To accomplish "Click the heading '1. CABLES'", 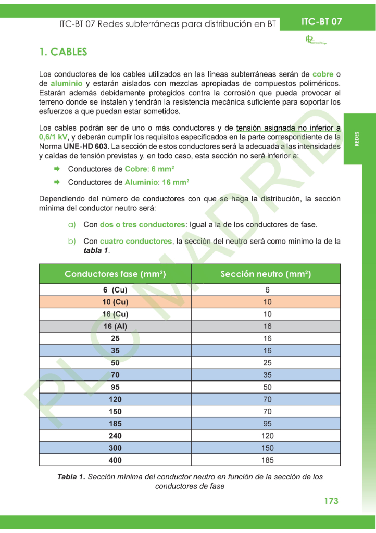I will click(63, 52).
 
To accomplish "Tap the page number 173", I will click(331, 501).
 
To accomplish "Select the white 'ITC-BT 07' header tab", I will click(321, 22).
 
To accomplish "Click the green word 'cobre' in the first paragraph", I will click(323, 74).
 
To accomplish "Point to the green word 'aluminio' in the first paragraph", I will click(67, 83).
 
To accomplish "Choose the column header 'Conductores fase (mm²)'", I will click(115, 274).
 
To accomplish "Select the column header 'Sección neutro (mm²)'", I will click(266, 274).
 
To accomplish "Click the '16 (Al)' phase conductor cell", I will click(115, 326).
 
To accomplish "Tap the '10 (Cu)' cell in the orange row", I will click(115, 302).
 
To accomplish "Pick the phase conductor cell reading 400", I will click(115, 460).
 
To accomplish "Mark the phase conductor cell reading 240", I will click(115, 436).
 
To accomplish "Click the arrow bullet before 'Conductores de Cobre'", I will click(57, 169).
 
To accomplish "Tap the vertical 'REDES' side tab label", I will click(357, 139).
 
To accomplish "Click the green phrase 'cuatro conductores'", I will click(135, 241).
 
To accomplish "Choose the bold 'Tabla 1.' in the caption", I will click(71, 477).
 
